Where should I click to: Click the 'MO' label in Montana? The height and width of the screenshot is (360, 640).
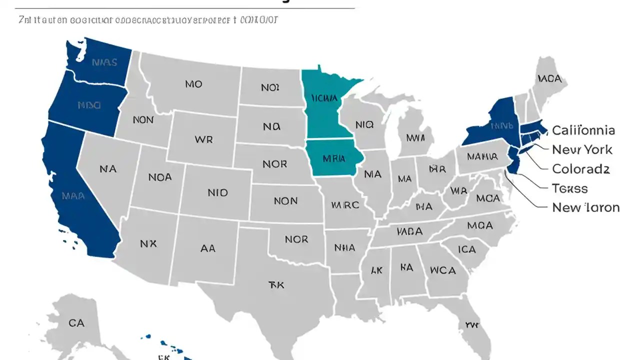pos(193,84)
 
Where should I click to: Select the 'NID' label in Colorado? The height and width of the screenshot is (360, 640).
pos(217,192)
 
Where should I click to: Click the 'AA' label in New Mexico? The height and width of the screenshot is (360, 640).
pos(207,247)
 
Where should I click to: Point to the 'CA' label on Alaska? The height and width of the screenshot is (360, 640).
pos(76,323)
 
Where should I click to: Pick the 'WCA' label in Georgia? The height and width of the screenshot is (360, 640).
pos(442,270)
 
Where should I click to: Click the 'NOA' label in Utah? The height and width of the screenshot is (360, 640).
pos(160,177)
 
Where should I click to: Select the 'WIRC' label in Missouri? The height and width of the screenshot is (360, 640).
pos(344,205)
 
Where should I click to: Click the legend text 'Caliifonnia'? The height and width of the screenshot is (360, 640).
pos(583,130)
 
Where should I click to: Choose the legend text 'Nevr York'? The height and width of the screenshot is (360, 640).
pos(582,149)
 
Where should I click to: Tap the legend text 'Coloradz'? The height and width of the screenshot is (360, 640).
pos(580,169)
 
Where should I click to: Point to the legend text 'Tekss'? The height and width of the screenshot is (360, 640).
pos(569,188)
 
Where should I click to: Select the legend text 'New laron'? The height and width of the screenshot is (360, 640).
pos(585,207)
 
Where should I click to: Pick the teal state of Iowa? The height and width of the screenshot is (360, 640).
pos(333,158)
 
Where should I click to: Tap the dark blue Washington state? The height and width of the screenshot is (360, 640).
pos(102,62)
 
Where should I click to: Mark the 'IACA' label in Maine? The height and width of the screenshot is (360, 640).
pos(549,79)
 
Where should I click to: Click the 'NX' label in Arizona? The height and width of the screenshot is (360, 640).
pos(148,243)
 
